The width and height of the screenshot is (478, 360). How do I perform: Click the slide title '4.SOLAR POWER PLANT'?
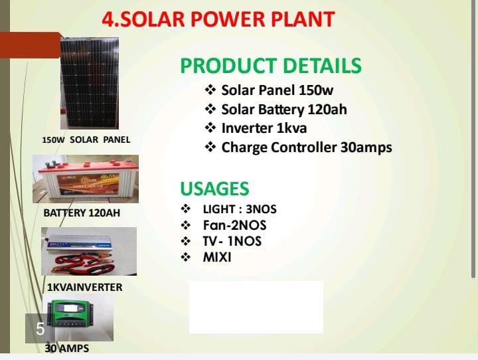point(218,19)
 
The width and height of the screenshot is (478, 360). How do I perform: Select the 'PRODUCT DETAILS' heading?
point(271,66)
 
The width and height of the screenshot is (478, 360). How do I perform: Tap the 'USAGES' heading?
point(214,188)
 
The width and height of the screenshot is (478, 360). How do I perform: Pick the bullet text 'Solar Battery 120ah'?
point(284,109)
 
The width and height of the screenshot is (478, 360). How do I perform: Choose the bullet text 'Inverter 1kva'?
point(264,128)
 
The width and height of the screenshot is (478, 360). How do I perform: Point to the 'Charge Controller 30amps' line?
point(306,147)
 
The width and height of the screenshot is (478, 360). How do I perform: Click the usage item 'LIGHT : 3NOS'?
point(239,209)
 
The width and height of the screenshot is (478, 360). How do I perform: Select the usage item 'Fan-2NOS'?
point(234,225)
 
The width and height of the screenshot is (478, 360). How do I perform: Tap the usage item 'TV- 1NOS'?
point(232,241)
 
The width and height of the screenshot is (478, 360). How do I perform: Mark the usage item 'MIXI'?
point(217,257)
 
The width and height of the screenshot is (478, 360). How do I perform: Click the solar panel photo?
point(89,83)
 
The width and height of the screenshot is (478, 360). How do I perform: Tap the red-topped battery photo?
point(86,179)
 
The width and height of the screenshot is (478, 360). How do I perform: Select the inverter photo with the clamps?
point(88,251)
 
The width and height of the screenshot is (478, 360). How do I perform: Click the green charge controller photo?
point(78,318)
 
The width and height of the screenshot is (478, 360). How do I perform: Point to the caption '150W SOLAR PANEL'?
point(86,139)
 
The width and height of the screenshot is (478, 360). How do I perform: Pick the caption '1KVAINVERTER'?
point(84,287)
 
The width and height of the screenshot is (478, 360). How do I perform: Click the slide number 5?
point(40,328)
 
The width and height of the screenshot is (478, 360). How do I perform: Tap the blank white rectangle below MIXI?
point(256,307)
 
